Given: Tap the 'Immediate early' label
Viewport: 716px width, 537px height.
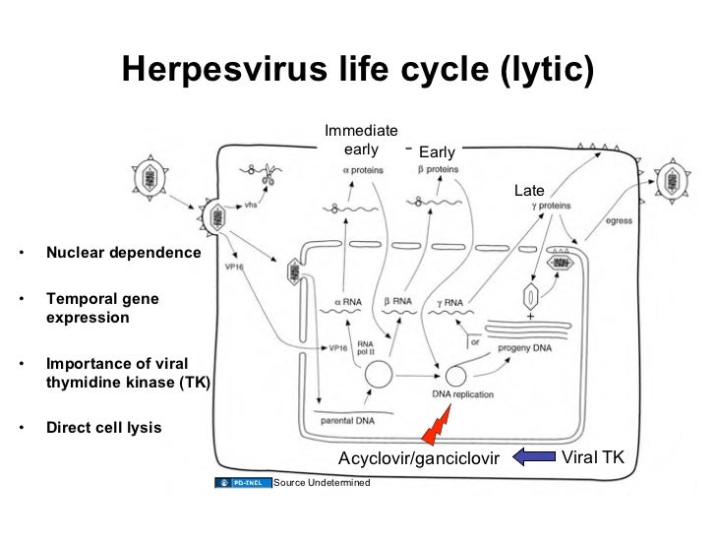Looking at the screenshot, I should (361, 140).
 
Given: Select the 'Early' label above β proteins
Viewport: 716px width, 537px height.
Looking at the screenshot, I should (437, 152).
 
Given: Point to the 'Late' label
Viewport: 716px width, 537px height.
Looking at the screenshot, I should (529, 190).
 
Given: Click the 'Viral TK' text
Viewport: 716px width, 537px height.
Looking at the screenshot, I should (592, 455).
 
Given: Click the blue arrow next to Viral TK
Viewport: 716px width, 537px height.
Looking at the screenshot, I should (535, 455).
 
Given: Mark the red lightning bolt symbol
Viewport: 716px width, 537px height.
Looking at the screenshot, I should (435, 430).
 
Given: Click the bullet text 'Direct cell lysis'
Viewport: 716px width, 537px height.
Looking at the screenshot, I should (104, 428).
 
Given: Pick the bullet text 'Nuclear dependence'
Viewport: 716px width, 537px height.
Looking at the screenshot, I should (123, 253).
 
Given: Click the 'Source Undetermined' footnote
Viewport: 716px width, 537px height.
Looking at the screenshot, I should (322, 482).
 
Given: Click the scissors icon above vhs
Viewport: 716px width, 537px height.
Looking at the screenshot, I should (266, 177).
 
